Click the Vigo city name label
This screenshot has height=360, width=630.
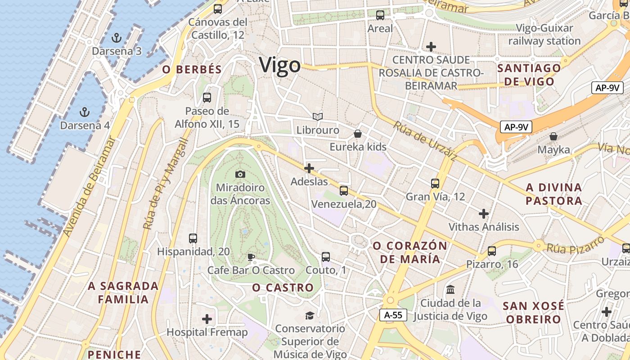click(x=279, y=65)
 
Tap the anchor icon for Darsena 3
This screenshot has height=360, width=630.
click(x=117, y=37)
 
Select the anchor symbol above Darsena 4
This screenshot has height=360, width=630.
click(x=84, y=112)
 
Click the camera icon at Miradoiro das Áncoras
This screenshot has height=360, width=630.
click(x=240, y=174)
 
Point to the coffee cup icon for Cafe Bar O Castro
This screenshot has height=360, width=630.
click(x=251, y=257)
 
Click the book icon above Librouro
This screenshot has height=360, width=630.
click(x=318, y=117)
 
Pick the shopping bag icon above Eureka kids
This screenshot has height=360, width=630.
click(x=358, y=134)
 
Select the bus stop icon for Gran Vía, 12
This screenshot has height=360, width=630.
click(x=435, y=183)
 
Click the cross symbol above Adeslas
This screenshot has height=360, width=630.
click(x=309, y=169)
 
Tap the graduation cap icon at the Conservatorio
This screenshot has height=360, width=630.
click(x=310, y=315)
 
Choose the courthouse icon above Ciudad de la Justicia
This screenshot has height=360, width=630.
click(x=450, y=289)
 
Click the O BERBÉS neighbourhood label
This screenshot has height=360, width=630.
click(x=192, y=69)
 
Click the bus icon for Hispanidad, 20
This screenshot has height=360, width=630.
click(x=193, y=238)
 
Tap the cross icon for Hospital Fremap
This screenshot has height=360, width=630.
click(x=207, y=319)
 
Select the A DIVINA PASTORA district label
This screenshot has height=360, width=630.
click(x=554, y=194)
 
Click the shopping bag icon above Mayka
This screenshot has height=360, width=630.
click(x=553, y=136)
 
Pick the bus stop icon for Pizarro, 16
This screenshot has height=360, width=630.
click(x=492, y=251)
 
